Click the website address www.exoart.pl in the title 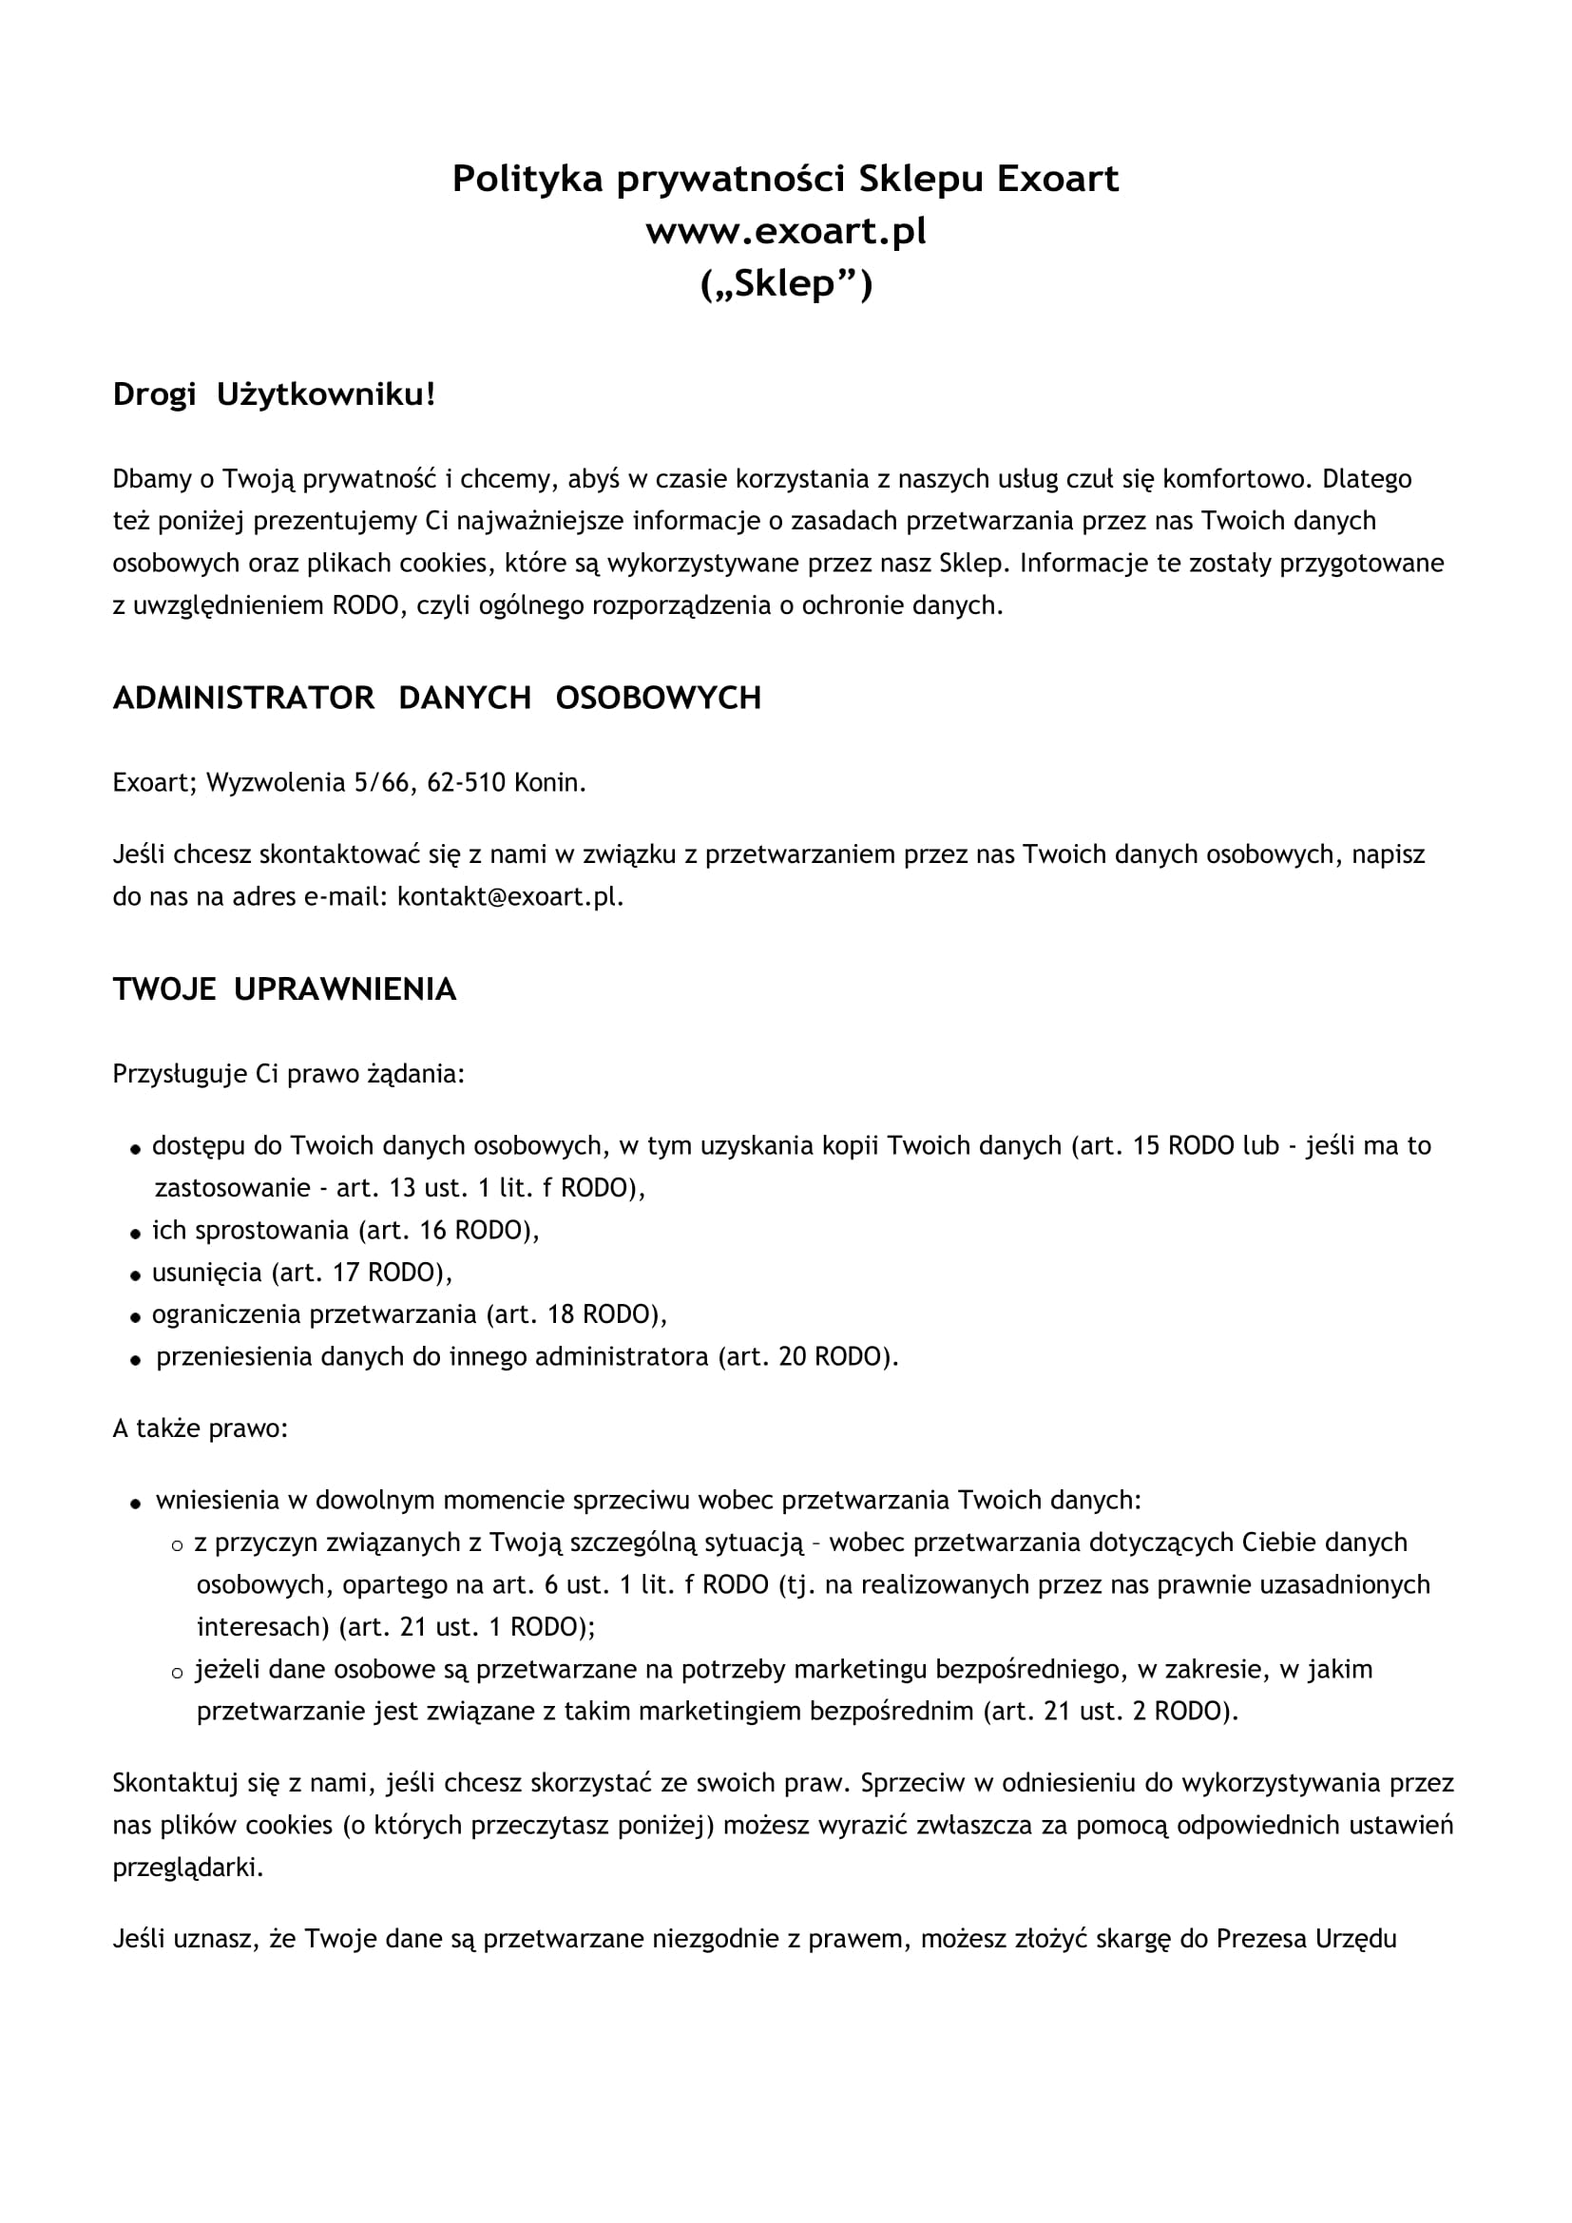[785, 231]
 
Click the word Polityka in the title [527, 179]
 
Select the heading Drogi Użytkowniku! [274, 395]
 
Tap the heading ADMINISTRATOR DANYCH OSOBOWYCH [436, 699]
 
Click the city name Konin [549, 782]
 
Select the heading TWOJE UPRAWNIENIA [283, 989]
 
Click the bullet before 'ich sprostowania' [137, 1234]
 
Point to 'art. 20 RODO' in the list [804, 1356]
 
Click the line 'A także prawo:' [200, 1429]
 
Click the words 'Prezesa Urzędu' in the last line [1306, 1940]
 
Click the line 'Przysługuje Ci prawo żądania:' [289, 1075]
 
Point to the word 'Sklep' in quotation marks [784, 285]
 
